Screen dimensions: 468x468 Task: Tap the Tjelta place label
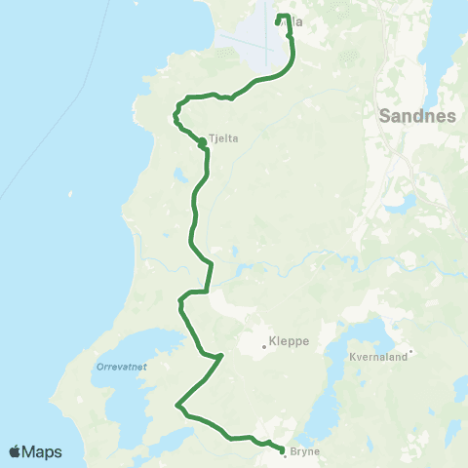click(x=224, y=138)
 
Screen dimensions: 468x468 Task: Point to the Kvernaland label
click(x=376, y=358)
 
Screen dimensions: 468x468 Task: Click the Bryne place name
click(x=304, y=451)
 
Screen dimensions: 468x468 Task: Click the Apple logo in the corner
click(x=16, y=451)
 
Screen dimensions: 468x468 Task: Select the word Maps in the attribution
click(x=45, y=451)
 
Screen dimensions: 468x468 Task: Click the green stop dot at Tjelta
click(x=202, y=142)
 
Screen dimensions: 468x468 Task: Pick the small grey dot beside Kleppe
click(x=263, y=345)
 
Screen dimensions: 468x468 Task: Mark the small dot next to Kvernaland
click(x=411, y=352)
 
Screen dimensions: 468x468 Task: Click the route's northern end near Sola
click(x=280, y=16)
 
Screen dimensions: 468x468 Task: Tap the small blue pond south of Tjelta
click(x=181, y=176)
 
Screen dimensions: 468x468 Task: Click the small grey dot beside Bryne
click(x=284, y=455)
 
